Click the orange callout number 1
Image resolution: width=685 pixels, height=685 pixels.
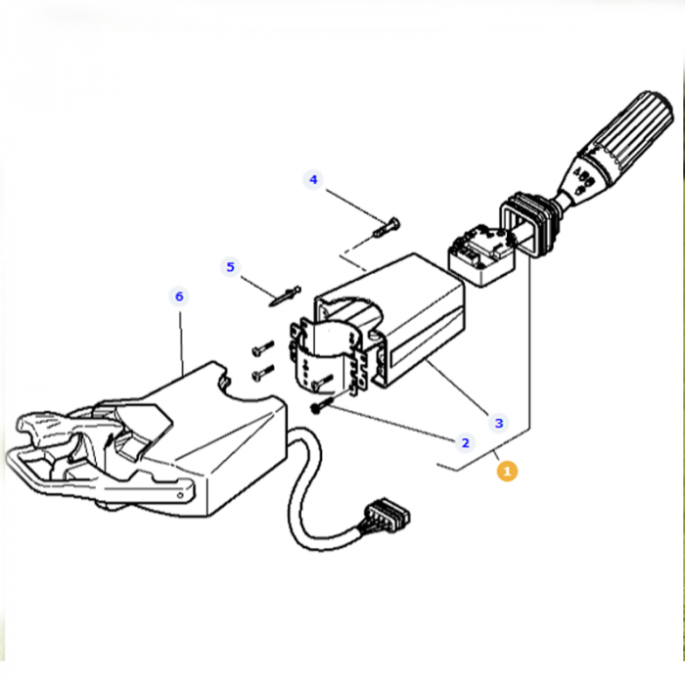506,471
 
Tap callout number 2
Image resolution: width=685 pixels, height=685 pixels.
465,442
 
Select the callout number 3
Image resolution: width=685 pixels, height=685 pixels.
499,423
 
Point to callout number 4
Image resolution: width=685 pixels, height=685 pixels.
313,180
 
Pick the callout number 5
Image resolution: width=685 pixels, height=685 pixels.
231,266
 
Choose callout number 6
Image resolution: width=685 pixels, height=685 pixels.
178,296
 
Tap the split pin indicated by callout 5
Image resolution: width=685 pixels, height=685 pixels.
285,295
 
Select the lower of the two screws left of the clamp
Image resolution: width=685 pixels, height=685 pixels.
261,373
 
